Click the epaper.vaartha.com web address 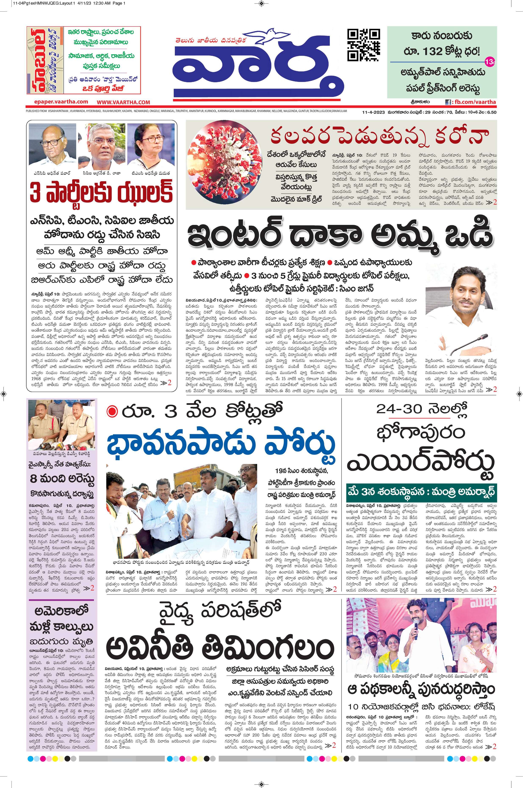(x=61, y=102)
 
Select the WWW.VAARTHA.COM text (x=123, y=102)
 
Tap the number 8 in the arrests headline (x=33, y=479)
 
